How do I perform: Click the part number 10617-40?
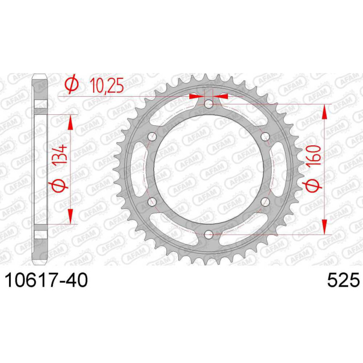pyautogui.click(x=47, y=280)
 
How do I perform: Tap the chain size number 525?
pyautogui.click(x=343, y=280)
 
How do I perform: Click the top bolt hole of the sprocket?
pyautogui.click(x=208, y=104)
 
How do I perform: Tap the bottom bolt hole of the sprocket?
pyautogui.click(x=208, y=235)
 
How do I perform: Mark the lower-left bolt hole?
pyautogui.click(x=152, y=202)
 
